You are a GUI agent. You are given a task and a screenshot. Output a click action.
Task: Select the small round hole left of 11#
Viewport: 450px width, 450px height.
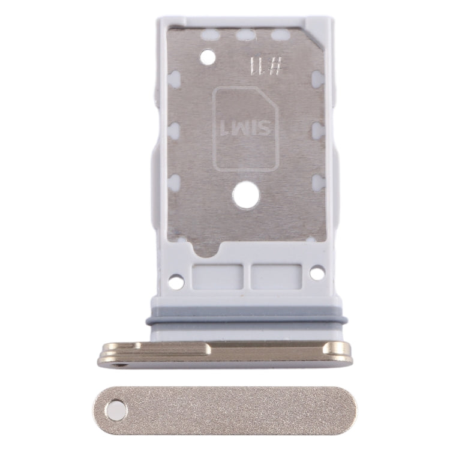pos(208,58)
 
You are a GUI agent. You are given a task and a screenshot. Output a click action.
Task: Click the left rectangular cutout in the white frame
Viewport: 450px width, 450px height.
pos(217,276)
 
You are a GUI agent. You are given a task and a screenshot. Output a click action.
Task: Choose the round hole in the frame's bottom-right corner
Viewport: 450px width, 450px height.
pos(317,273)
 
